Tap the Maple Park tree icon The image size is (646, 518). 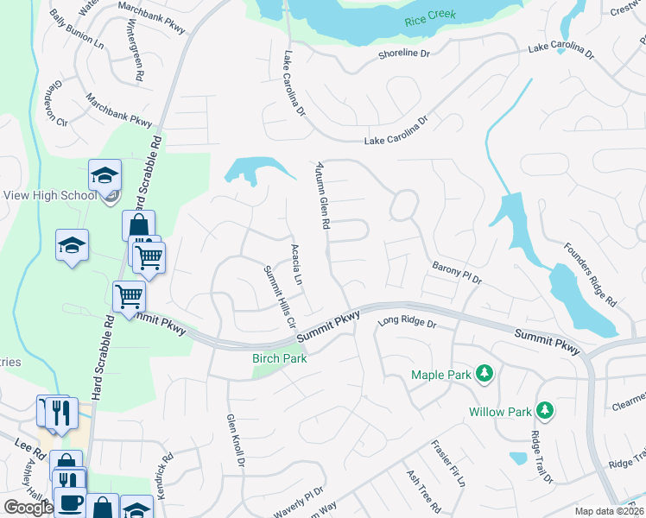(x=485, y=373)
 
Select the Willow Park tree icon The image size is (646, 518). (x=544, y=409)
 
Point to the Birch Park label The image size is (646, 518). (x=279, y=357)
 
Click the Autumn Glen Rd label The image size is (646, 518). (x=323, y=195)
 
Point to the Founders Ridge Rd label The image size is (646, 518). (x=591, y=275)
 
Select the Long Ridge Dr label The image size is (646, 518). (x=408, y=324)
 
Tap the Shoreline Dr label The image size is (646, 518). (x=403, y=54)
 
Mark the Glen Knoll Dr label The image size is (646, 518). (x=236, y=439)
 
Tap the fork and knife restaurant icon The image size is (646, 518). (x=60, y=413)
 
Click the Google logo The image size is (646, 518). (x=28, y=508)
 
